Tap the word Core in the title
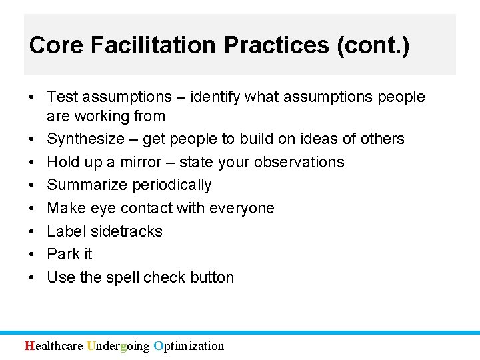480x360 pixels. [x=55, y=45]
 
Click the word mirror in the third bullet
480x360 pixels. [x=141, y=162]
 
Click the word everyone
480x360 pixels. [x=241, y=208]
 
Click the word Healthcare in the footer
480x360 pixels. [x=54, y=345]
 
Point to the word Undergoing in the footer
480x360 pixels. [x=119, y=345]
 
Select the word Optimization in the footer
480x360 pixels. [x=189, y=345]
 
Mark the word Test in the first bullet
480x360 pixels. [x=63, y=97]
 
